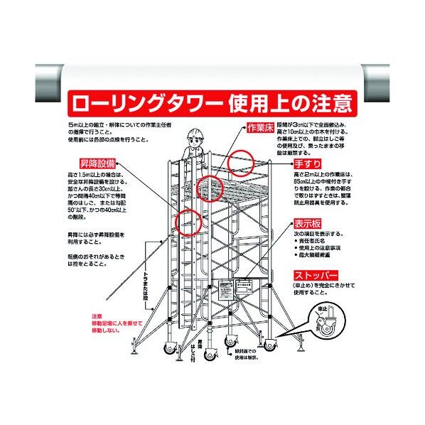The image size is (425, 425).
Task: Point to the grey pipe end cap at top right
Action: point(392,76)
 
